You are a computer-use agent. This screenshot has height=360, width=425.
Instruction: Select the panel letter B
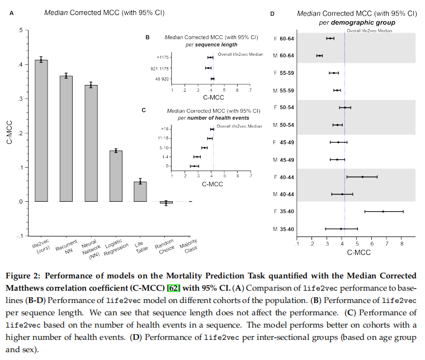click(147, 37)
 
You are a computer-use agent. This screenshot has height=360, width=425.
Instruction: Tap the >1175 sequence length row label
click(164, 57)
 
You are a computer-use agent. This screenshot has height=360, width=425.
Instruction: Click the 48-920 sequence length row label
click(162, 79)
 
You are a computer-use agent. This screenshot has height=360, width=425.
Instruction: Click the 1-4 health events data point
click(197, 157)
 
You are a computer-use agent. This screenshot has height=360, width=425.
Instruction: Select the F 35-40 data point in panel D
click(383, 211)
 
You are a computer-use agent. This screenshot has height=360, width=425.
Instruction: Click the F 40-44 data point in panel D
click(362, 177)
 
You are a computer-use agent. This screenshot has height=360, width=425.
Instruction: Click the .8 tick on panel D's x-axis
click(401, 244)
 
